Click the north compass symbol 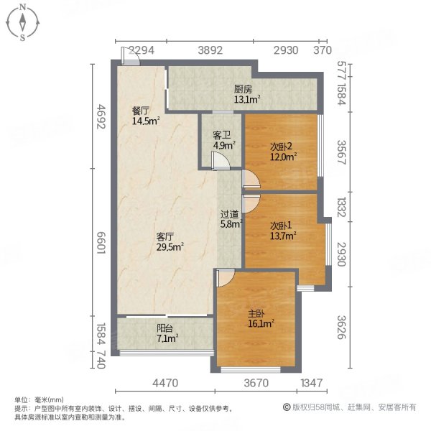point(23,22)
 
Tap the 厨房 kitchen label point(242,90)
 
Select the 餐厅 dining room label point(140,111)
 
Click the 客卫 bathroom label point(222,134)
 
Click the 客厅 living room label point(166,236)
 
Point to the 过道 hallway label point(230,213)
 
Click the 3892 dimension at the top point(211,50)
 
